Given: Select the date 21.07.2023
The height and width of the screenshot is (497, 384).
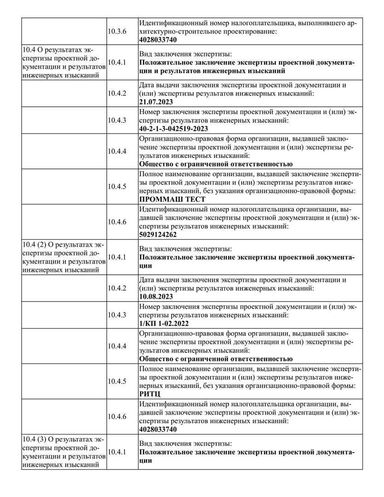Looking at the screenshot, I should click(156, 101).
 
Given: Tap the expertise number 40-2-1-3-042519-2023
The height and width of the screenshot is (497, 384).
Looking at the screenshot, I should click(173, 128).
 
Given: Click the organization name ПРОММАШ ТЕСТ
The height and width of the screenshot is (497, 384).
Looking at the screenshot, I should click(172, 199).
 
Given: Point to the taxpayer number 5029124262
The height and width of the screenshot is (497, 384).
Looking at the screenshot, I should click(158, 234).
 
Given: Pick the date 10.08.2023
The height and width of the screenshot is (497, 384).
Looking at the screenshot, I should click(156, 296).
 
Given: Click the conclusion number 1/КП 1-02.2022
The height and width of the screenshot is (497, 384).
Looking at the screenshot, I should click(163, 324).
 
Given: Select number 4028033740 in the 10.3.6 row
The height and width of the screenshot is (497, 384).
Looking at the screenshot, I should click(158, 40).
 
